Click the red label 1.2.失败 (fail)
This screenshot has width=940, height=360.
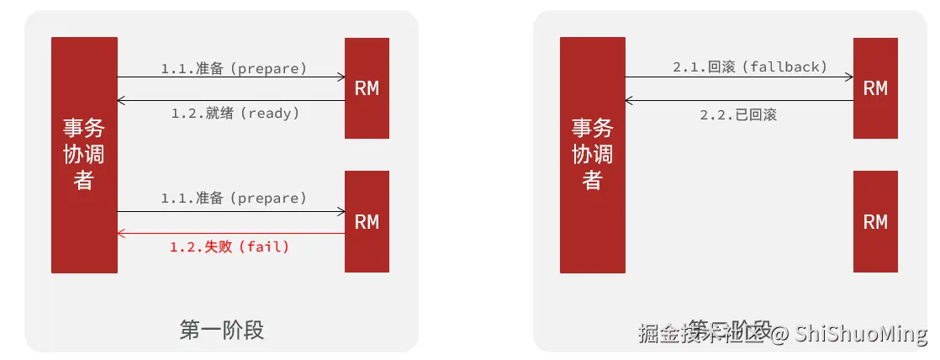coord(230,247)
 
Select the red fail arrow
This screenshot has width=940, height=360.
coord(231,233)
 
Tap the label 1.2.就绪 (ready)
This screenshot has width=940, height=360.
coord(235,113)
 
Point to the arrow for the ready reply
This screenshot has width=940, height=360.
coord(231,101)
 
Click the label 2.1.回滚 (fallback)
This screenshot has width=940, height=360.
coord(751,66)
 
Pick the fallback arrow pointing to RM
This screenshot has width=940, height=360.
coord(739,77)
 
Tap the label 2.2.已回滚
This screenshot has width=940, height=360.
coord(738,114)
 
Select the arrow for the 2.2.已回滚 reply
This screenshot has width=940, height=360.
coord(739,101)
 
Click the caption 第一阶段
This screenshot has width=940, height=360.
coord(222,330)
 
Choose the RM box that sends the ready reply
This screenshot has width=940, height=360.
coord(367,88)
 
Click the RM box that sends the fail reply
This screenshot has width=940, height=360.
coord(367,221)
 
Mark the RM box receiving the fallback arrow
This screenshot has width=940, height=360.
coord(875,88)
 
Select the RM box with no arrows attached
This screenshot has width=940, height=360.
coord(875,221)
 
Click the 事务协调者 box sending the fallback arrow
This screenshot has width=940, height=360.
coord(593,155)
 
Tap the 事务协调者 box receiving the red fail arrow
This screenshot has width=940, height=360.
coord(84,155)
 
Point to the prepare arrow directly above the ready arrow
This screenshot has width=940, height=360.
coord(231,77)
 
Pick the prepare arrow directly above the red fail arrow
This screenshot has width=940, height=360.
coord(231,211)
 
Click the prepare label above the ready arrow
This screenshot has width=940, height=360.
coord(235,67)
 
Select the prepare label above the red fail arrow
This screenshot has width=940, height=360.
coord(235,199)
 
